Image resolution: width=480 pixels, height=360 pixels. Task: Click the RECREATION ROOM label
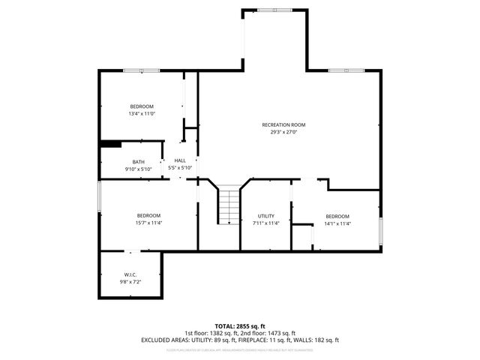tap(283, 124)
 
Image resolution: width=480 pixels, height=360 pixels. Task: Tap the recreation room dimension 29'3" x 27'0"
tap(283, 132)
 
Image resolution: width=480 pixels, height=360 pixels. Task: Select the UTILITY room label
tap(265, 215)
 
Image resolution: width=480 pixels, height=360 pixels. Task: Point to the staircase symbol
tap(228, 205)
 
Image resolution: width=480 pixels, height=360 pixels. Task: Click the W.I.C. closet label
tap(130, 274)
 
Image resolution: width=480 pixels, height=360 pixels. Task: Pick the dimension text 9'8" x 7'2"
tap(130, 281)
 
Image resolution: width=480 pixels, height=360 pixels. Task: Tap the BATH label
tap(139, 162)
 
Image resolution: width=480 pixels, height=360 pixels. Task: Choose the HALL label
tap(180, 160)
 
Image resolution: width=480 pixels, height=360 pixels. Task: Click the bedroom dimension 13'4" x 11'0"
tap(141, 114)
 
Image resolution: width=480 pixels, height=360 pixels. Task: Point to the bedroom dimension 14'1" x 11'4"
tap(337, 223)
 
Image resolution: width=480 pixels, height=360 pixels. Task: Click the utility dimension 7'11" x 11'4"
tap(265, 223)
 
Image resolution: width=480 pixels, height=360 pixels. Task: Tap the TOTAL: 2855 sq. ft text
tap(240, 325)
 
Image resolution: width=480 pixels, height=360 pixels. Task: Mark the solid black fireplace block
tap(111, 145)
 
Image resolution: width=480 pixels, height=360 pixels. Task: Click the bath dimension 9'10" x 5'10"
tap(139, 169)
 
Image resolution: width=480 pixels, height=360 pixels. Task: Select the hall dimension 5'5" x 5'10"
tap(180, 168)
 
